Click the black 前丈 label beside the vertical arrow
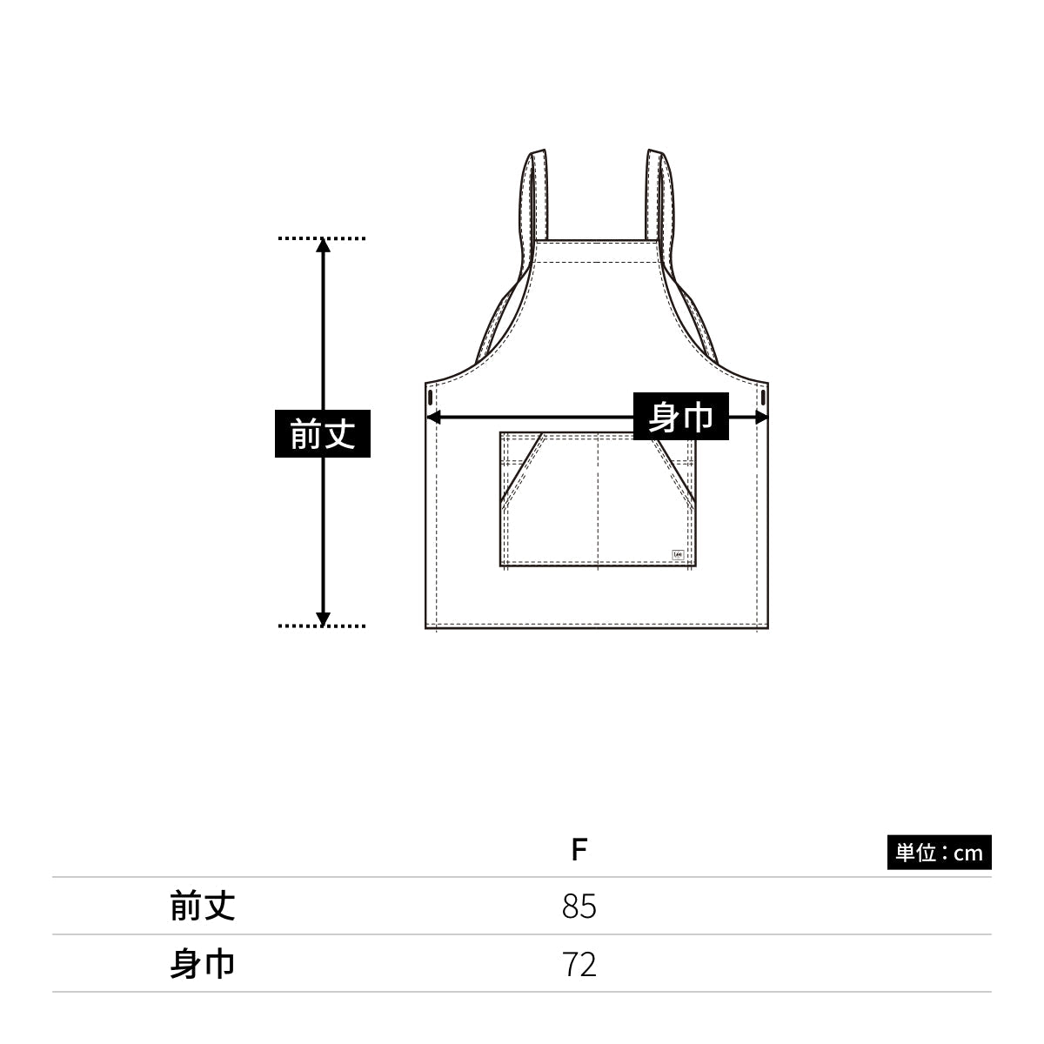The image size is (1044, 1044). pos(323,433)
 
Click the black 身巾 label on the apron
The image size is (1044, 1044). pos(680,416)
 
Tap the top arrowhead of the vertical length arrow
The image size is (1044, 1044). pos(323,244)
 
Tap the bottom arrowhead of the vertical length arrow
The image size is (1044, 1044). pos(323,619)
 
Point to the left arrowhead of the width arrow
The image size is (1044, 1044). pos(433,418)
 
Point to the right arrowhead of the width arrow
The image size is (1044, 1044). pos(761,418)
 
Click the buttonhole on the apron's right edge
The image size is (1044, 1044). pos(763,397)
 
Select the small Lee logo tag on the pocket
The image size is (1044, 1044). pos(678,555)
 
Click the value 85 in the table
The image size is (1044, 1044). pos(579,906)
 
